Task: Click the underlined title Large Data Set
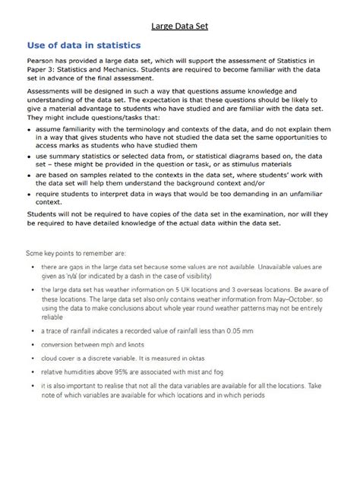point(179,27)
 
